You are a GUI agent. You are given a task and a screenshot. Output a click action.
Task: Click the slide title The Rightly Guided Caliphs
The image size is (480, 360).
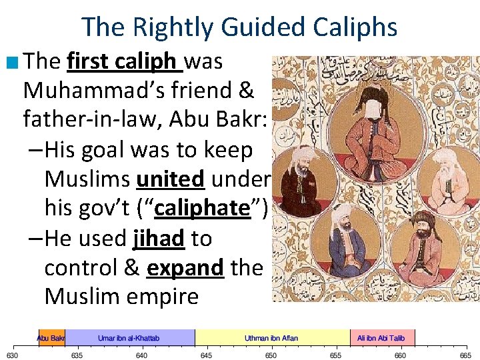[239, 27]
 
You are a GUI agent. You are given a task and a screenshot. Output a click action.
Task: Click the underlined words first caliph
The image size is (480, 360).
[125, 62]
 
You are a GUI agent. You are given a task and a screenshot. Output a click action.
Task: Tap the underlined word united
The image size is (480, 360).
[169, 179]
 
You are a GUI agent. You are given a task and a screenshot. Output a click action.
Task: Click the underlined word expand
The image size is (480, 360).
[185, 267]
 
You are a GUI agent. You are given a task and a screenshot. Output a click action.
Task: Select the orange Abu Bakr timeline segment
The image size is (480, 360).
[51, 338]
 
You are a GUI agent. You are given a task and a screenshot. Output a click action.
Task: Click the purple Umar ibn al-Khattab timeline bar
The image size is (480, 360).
[129, 338]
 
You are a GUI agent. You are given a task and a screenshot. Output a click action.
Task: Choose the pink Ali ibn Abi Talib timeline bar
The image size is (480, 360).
[381, 338]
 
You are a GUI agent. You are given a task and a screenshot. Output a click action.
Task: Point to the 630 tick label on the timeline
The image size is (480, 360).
[12, 355]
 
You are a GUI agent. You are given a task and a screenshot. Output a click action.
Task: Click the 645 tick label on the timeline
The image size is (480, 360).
[206, 355]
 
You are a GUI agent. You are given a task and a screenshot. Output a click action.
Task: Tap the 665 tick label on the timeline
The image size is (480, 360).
[465, 355]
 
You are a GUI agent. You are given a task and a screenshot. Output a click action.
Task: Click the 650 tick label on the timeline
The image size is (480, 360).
[271, 355]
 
